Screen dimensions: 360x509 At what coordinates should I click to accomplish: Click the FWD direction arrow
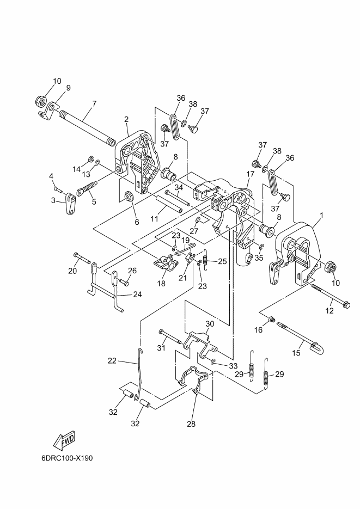64,440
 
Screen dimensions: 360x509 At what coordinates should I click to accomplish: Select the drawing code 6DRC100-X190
67,458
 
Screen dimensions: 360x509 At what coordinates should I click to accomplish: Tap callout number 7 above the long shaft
94,103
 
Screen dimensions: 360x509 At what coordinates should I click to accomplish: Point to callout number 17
251,174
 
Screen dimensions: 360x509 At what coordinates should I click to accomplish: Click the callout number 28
191,424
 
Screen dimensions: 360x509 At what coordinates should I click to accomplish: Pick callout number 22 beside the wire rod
112,360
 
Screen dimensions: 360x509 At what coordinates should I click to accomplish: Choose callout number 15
296,353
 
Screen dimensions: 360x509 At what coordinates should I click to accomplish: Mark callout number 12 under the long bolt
330,311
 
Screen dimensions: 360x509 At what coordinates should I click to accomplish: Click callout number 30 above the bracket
210,324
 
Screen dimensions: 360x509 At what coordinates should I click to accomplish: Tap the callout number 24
137,295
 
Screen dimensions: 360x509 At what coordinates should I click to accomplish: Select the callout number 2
126,119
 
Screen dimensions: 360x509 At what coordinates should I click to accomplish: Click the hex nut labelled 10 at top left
41,102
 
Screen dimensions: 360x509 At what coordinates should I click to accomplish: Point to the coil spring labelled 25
205,259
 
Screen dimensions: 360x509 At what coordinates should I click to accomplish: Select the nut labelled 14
91,160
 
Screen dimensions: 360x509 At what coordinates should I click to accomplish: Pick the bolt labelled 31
170,336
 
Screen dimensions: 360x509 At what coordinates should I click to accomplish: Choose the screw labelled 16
272,321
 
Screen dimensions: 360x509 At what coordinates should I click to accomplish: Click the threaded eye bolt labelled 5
87,188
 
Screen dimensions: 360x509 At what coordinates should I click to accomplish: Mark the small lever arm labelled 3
70,204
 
